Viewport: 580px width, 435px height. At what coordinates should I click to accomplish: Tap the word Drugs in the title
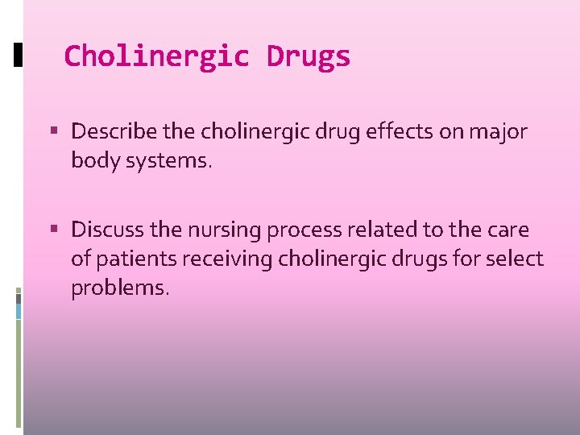pos(309,56)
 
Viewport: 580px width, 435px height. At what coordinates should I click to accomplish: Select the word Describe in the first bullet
pos(106,131)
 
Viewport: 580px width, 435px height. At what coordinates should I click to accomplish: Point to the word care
pos(507,230)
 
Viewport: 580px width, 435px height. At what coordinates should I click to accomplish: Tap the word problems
pos(120,288)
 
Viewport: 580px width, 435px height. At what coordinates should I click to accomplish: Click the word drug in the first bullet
pos(324,131)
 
